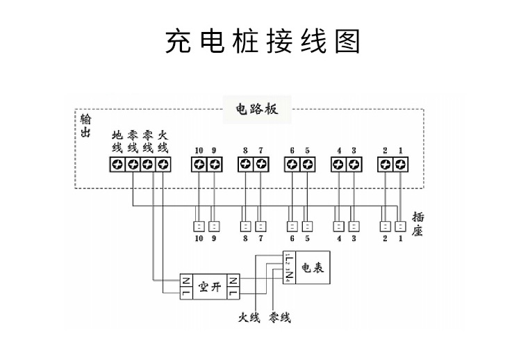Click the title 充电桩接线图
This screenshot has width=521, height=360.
tap(263, 42)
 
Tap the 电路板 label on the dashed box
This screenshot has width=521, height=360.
tap(257, 109)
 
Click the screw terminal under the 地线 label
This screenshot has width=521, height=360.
tap(117, 165)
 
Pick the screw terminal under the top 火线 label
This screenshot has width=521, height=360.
tap(163, 165)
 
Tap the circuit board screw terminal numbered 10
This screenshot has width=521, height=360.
tap(199, 165)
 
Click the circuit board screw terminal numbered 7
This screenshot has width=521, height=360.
tap(261, 165)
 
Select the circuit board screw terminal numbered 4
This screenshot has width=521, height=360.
tap(339, 165)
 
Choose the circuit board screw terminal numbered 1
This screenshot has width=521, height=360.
tap(401, 165)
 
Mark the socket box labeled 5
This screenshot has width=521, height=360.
tap(308, 227)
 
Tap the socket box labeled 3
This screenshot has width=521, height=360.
tap(354, 227)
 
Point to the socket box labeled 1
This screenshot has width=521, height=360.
tap(401, 227)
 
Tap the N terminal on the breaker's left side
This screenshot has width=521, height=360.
tap(186, 281)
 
